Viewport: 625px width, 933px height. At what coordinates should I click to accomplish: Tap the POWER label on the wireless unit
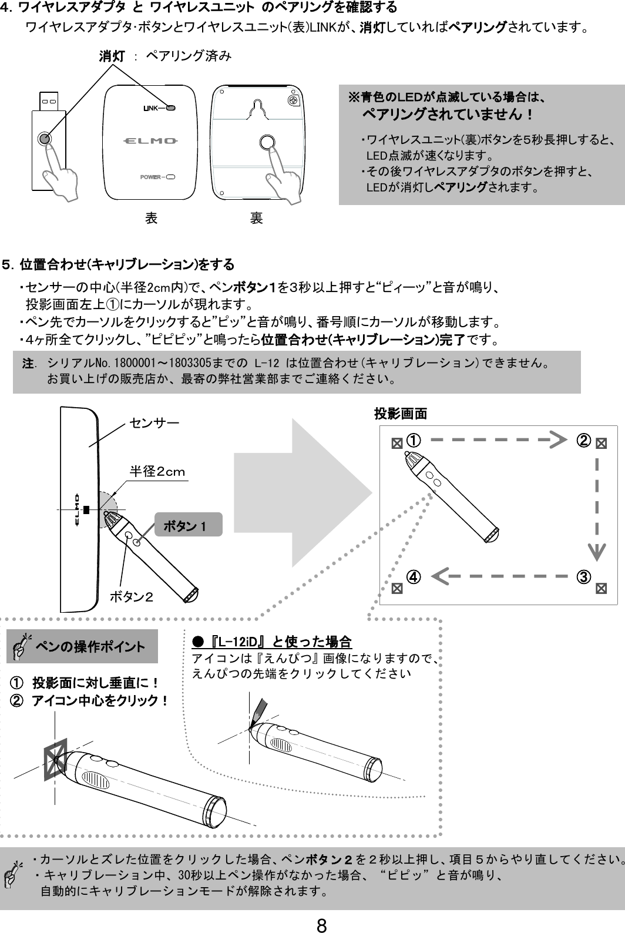pos(151,177)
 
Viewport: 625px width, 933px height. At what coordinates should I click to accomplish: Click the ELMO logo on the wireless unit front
pos(151,141)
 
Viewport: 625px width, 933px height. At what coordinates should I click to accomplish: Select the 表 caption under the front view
pos(150,219)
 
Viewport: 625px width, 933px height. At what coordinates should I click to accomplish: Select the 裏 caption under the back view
pos(256,219)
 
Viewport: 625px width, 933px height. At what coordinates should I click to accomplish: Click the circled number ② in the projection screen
pos(583,440)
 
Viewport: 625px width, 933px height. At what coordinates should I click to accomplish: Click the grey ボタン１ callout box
pos(188,525)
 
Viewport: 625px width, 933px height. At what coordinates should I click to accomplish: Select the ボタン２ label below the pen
pos(132,598)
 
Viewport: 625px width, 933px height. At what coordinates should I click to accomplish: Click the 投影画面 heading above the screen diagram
pos(401,414)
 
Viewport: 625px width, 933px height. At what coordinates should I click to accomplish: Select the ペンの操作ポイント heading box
pos(82,647)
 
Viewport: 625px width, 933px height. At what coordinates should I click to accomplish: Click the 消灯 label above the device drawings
pos(111,56)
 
